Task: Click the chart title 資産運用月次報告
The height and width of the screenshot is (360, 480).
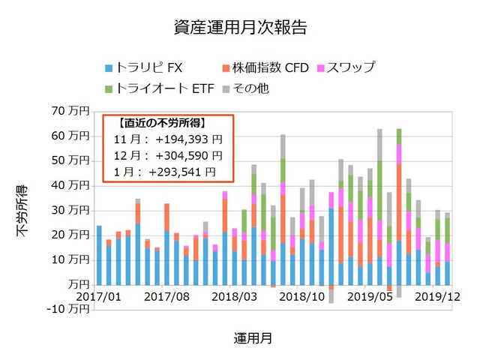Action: [x=239, y=28]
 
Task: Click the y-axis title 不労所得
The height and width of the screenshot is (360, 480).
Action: [x=22, y=210]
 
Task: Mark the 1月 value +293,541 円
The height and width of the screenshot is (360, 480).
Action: [x=183, y=172]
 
